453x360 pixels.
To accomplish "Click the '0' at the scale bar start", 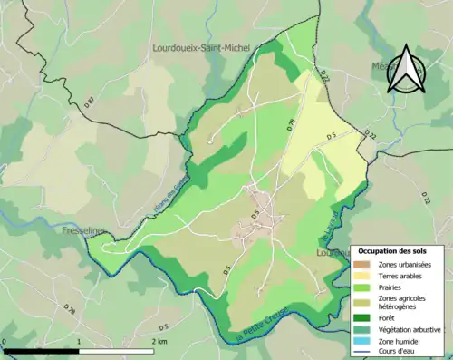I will (5, 342).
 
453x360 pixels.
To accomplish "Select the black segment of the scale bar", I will (41, 350).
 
